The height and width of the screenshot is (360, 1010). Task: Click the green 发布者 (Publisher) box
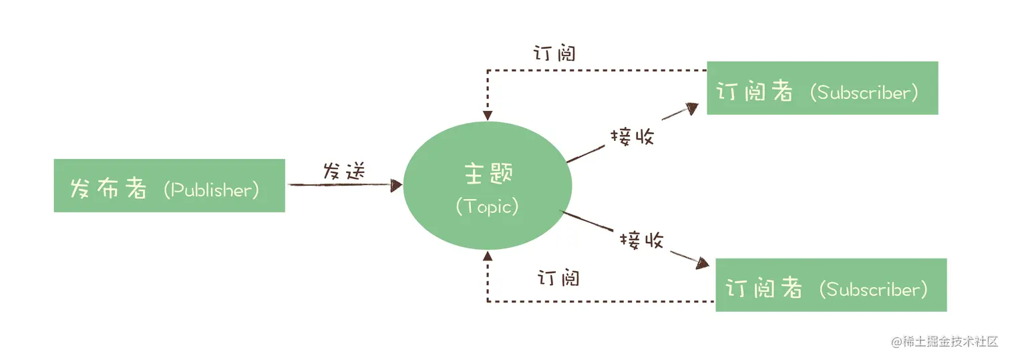[x=169, y=185]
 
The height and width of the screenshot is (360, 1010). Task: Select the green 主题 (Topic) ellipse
[x=487, y=186]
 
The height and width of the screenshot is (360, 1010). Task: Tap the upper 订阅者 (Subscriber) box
[x=822, y=88]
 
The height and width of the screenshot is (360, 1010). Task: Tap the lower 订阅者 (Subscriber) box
[x=831, y=285]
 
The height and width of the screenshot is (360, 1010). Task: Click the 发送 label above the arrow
[x=345, y=170]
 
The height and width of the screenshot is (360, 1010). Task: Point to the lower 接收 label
[x=641, y=240]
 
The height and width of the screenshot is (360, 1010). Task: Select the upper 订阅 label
[x=554, y=53]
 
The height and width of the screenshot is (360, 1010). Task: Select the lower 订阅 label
[x=558, y=277]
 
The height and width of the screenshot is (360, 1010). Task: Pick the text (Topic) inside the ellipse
[x=487, y=206]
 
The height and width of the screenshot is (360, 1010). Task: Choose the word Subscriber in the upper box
[x=863, y=93]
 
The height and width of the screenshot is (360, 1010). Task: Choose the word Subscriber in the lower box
[x=872, y=289]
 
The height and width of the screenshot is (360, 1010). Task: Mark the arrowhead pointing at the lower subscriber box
[x=703, y=263]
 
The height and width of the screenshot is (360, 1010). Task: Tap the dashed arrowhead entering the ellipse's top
[x=488, y=116]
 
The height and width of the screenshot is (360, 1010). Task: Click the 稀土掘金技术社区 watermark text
[x=949, y=341]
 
